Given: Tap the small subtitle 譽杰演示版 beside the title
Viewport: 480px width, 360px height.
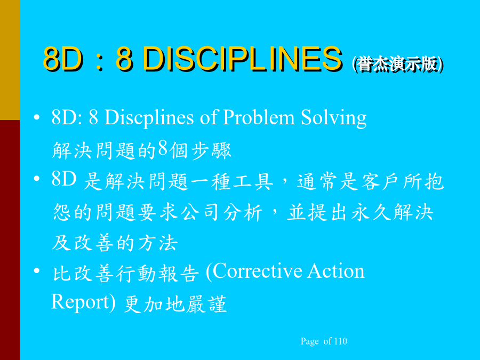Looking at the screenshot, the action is [397, 65].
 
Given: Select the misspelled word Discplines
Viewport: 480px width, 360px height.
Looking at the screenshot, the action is [149, 118].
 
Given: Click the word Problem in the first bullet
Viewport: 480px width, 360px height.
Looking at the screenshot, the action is [259, 117].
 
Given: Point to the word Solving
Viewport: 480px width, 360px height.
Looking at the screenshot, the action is [334, 118].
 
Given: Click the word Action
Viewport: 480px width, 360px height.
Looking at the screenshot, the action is [335, 271].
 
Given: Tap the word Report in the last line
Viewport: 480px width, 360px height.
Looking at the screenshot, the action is [80, 302].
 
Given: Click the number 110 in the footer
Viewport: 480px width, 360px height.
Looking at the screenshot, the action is [341, 341].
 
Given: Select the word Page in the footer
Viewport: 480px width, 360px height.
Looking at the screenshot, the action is [309, 341].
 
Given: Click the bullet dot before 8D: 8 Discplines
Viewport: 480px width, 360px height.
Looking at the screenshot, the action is [37, 117].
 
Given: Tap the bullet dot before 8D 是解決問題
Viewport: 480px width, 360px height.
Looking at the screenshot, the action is [37, 179].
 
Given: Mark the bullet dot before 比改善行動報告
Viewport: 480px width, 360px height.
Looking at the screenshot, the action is [37, 271].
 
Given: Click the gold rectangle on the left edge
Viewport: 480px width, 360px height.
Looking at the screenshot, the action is [10, 60].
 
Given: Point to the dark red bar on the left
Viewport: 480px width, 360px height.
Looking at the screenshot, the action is [10, 240].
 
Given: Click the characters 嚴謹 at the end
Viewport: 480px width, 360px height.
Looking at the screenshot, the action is [206, 304].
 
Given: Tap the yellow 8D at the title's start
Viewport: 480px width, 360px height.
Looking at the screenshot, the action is [63, 59].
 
